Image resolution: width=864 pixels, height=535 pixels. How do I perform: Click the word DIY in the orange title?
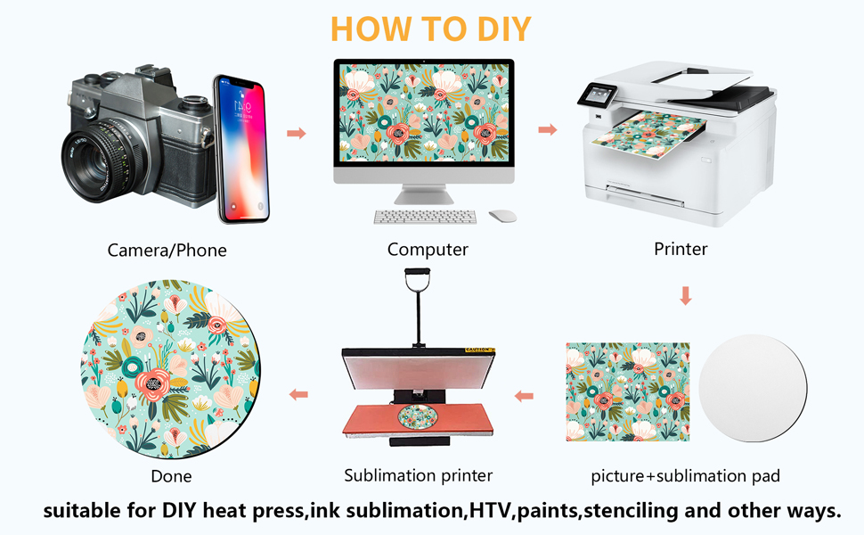tap(503, 29)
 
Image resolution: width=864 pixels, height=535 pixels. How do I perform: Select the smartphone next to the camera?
tap(241, 149)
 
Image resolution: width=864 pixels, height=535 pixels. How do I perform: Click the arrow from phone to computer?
tap(296, 133)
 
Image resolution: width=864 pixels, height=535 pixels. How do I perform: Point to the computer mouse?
tap(502, 216)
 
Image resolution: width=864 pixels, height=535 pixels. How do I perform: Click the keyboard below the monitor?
tap(425, 217)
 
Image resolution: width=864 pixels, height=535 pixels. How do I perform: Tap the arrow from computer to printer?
tap(548, 129)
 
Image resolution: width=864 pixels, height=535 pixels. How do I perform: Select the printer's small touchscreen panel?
tap(598, 95)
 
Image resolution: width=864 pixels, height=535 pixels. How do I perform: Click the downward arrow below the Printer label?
tap(686, 296)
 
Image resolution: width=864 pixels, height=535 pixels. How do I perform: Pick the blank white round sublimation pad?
tap(753, 388)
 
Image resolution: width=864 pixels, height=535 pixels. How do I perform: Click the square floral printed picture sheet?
tap(628, 391)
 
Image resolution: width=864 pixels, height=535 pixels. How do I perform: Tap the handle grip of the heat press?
tap(417, 273)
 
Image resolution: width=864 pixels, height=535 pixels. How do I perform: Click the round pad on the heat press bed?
tap(418, 417)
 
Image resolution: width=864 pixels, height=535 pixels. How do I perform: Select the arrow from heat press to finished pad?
tap(298, 394)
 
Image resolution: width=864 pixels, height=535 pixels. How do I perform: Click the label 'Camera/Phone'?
tap(167, 251)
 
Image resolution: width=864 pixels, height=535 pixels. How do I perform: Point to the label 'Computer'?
tap(428, 250)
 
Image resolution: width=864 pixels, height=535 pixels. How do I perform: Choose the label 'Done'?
tap(171, 476)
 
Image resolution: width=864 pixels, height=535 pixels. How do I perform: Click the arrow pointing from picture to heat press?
tap(524, 396)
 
